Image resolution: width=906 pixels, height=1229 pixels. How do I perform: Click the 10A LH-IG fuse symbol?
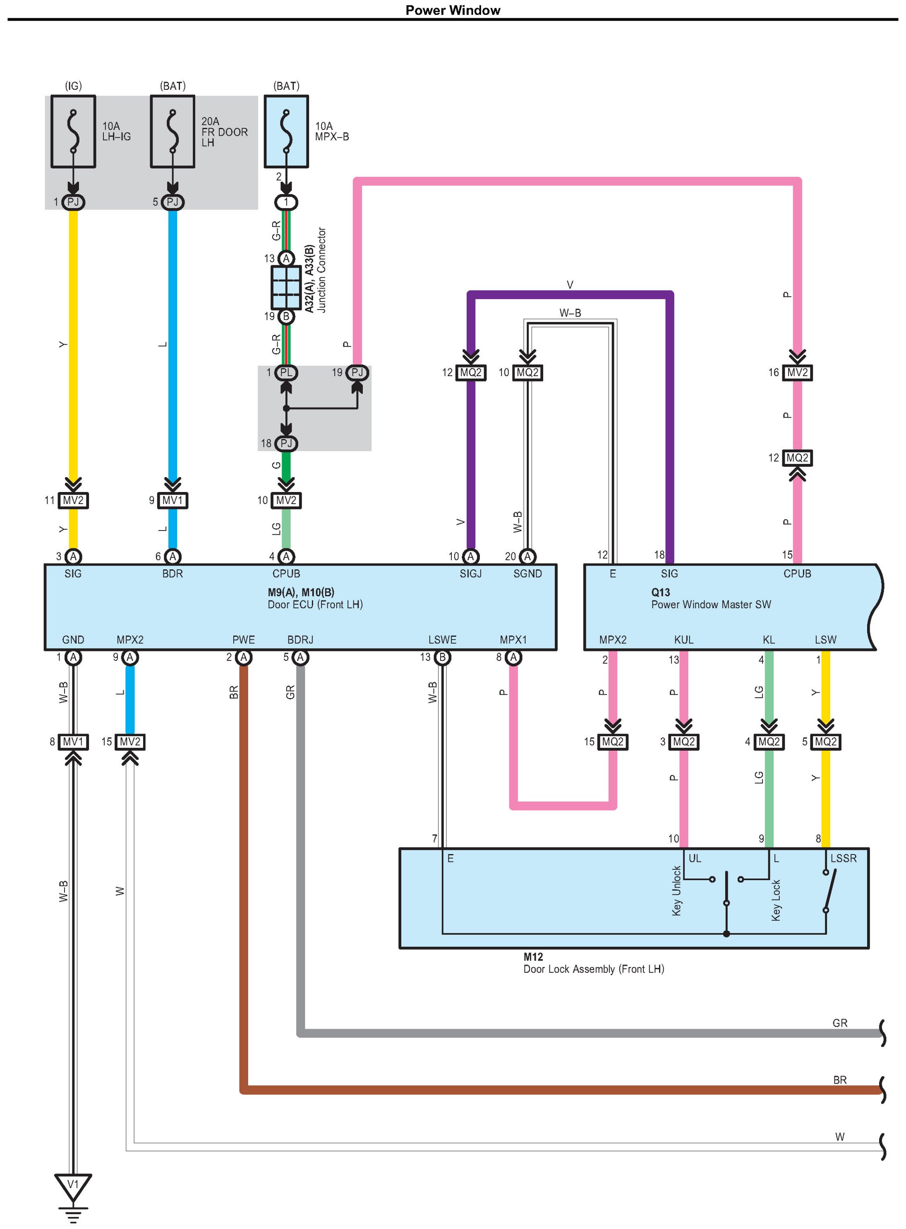(x=73, y=132)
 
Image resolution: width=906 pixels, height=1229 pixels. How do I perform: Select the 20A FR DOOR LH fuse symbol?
(x=172, y=132)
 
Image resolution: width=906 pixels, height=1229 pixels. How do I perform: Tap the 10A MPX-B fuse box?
(x=286, y=132)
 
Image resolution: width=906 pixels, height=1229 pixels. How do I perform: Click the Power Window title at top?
(x=453, y=10)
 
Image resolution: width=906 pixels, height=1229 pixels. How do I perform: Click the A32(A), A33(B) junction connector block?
(x=286, y=287)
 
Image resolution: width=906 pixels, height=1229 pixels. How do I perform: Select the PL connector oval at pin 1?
(x=286, y=373)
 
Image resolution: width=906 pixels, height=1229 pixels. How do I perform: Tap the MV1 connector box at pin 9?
(x=172, y=500)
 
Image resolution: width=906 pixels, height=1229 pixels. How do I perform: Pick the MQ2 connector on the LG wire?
(x=769, y=742)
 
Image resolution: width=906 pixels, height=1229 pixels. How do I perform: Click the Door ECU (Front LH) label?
(x=315, y=604)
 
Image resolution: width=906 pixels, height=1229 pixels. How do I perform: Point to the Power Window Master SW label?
(x=711, y=604)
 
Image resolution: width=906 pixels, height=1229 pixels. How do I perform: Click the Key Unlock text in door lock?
(x=677, y=891)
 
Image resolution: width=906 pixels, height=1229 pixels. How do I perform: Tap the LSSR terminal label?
(x=843, y=858)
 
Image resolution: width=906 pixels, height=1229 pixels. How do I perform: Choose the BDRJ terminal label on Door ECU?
(x=300, y=639)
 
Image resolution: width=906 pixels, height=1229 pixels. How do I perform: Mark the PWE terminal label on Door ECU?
(x=244, y=639)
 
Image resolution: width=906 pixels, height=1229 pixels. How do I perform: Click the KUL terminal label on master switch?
(x=683, y=639)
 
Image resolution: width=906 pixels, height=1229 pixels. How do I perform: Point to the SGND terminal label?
(x=527, y=574)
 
